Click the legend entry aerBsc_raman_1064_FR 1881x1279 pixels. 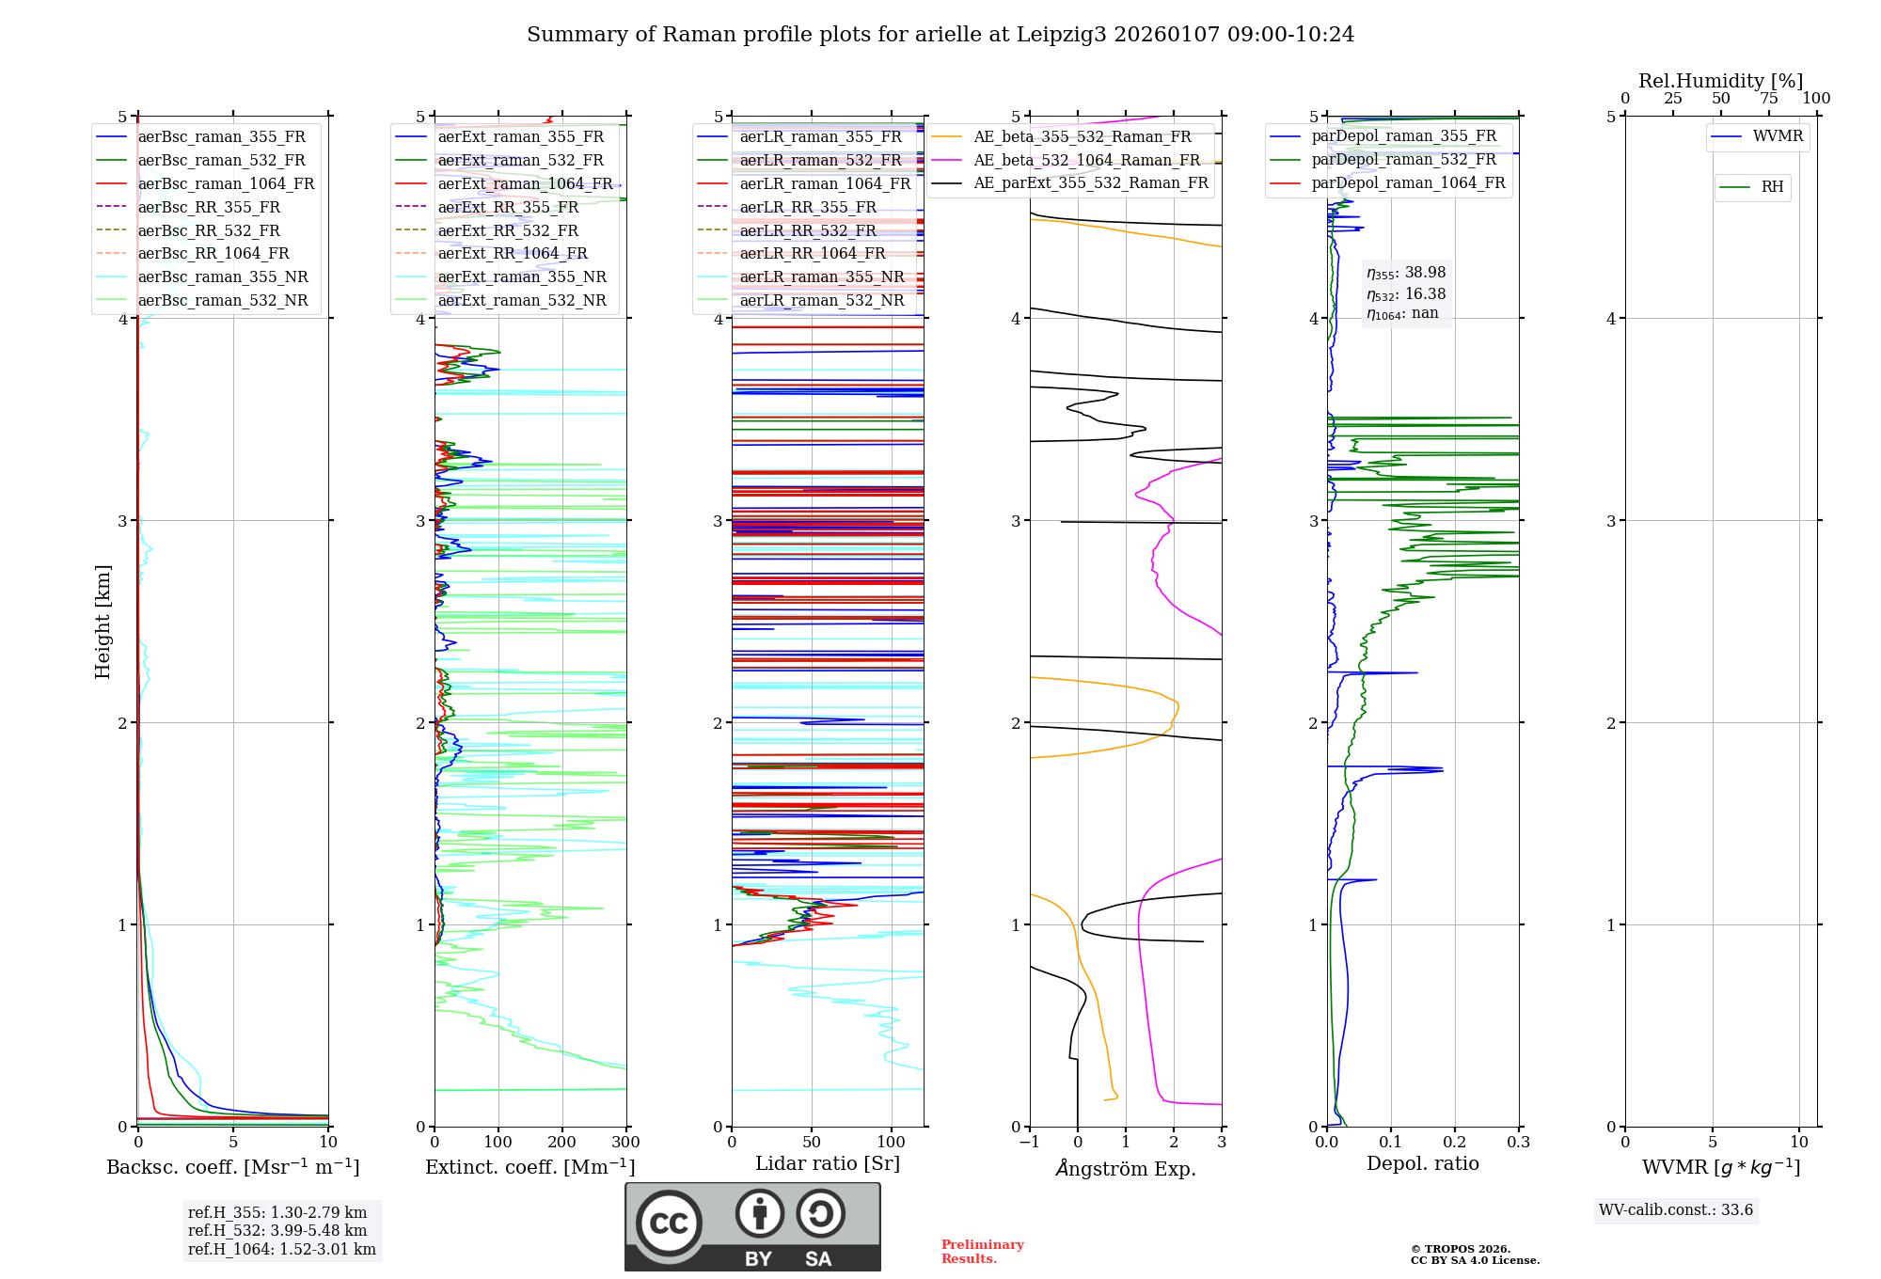pyautogui.click(x=226, y=184)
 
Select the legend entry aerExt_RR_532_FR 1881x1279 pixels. pyautogui.click(x=508, y=231)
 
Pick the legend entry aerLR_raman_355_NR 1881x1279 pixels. pyautogui.click(x=821, y=277)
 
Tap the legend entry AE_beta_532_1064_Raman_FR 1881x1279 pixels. pyautogui.click(x=1086, y=161)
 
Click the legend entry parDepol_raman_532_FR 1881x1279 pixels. pyautogui.click(x=1403, y=160)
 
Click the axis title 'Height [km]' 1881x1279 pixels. pyautogui.click(x=103, y=622)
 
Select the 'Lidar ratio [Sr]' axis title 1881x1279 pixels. pyautogui.click(x=828, y=1163)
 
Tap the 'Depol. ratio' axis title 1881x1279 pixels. pyautogui.click(x=1422, y=1163)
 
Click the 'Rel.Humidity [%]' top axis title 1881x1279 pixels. pyautogui.click(x=1720, y=81)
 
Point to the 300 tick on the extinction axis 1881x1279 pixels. pyautogui.click(x=625, y=1143)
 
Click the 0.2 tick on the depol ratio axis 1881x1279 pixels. pyautogui.click(x=1455, y=1143)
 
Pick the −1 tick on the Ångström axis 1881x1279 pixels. pyautogui.click(x=1029, y=1143)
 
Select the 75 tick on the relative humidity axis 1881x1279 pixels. pyautogui.click(x=1768, y=99)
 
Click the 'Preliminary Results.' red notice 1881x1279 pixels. pyautogui.click(x=982, y=1252)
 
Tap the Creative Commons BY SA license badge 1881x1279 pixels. pyautogui.click(x=752, y=1226)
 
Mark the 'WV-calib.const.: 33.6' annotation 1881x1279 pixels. pyautogui.click(x=1676, y=1210)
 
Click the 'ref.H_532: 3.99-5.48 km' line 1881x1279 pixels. pyautogui.click(x=277, y=1231)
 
